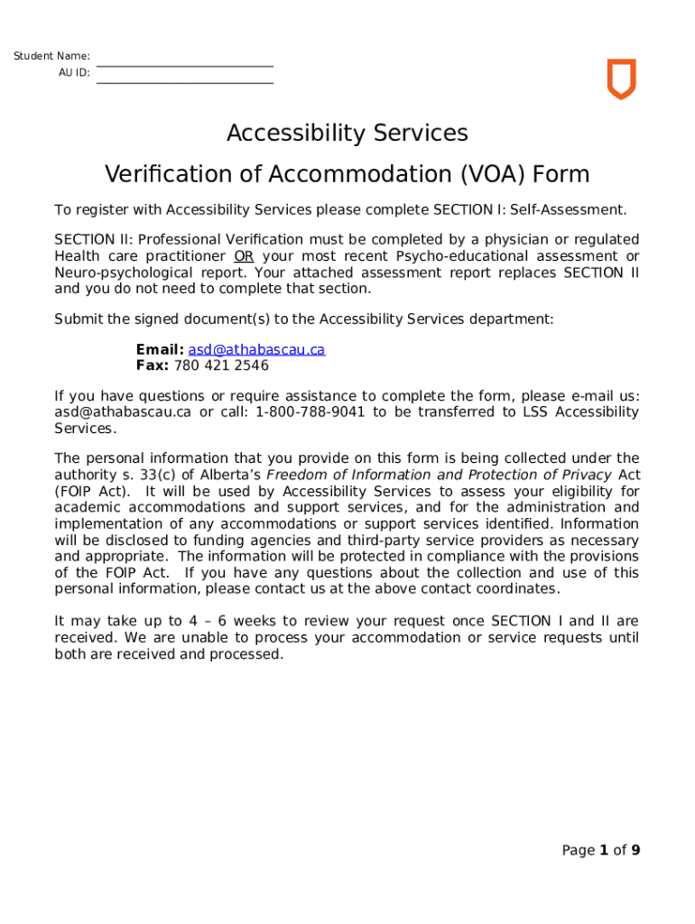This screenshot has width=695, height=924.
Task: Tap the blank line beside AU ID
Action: pyautogui.click(x=184, y=82)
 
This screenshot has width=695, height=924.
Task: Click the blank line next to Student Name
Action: pyautogui.click(x=184, y=65)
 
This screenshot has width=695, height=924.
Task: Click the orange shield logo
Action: pyautogui.click(x=621, y=79)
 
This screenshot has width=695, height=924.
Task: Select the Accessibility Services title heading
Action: pyautogui.click(x=347, y=134)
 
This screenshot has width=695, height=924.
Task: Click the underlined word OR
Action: pyautogui.click(x=244, y=256)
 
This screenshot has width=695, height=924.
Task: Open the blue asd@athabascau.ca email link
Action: pyautogui.click(x=256, y=349)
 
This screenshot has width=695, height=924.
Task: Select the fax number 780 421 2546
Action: pyautogui.click(x=221, y=365)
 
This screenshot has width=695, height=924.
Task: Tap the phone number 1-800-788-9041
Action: pyautogui.click(x=310, y=412)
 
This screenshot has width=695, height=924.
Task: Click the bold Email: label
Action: pyautogui.click(x=160, y=349)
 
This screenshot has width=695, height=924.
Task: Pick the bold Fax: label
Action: pyautogui.click(x=152, y=365)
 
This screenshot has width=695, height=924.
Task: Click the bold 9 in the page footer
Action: pyautogui.click(x=635, y=850)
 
